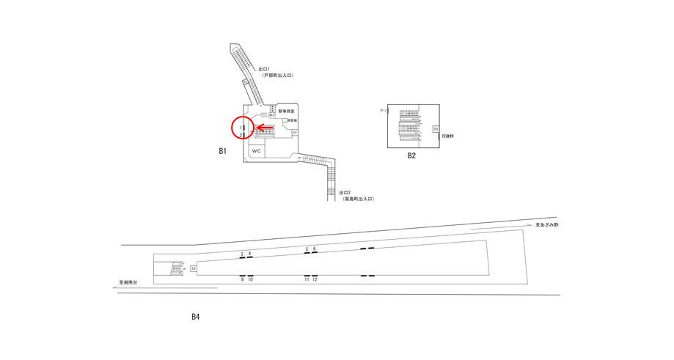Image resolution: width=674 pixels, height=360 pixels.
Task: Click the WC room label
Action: [x=256, y=150]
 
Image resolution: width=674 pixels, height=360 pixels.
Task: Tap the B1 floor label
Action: [x=222, y=151]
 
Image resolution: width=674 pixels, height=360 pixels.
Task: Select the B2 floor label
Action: [x=411, y=155]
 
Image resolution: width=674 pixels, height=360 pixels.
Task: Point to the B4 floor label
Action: [x=195, y=317]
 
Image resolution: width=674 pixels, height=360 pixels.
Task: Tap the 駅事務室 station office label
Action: [x=286, y=111]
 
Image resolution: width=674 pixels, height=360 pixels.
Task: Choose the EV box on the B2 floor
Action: [x=435, y=129]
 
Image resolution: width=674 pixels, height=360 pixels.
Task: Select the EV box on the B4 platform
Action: [x=194, y=269]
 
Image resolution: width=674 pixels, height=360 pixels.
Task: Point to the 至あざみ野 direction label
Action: [x=546, y=225]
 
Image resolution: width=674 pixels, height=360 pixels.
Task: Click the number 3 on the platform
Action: [x=242, y=254]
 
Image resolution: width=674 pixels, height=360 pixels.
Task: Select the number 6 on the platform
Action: [x=315, y=249]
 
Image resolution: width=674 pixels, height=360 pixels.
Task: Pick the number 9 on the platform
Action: [x=242, y=279]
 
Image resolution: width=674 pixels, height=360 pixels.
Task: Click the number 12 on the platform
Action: [x=315, y=279]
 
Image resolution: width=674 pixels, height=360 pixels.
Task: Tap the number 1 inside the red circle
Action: [x=241, y=128]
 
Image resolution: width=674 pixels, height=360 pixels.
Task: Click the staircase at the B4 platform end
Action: [x=176, y=269]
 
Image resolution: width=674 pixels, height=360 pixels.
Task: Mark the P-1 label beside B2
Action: [x=383, y=111]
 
